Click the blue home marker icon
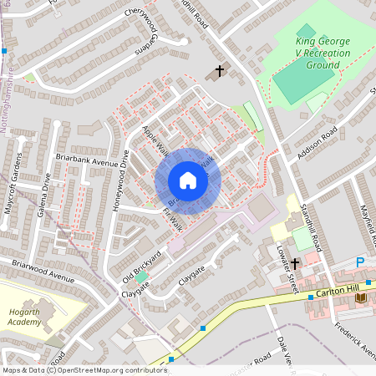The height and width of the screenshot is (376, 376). click(x=188, y=181)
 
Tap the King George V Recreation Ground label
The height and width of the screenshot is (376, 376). click(x=322, y=53)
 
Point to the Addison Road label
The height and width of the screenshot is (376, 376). click(x=317, y=143)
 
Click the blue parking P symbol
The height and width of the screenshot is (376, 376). click(x=360, y=262)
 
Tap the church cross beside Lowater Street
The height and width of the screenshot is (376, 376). click(x=295, y=264)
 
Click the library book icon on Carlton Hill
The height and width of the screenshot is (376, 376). click(x=361, y=297)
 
